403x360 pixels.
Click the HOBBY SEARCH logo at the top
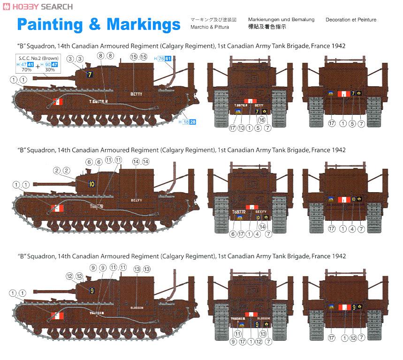point(38,7)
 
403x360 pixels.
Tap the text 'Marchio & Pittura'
point(210,27)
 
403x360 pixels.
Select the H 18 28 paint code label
point(188,122)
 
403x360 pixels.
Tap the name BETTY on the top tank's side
point(136,94)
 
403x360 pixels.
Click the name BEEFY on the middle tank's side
point(136,200)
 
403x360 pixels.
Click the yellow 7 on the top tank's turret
point(90,74)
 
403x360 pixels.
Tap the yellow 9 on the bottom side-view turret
point(91,291)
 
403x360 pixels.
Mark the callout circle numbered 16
point(262,120)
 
